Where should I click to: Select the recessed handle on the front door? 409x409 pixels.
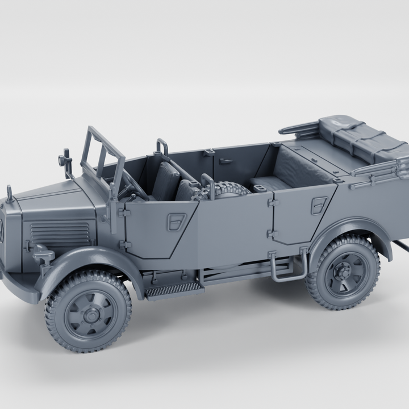coord(177,221)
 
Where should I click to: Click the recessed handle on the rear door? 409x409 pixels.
coord(319,205)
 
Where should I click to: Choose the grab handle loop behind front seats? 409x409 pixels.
coord(162,147)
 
